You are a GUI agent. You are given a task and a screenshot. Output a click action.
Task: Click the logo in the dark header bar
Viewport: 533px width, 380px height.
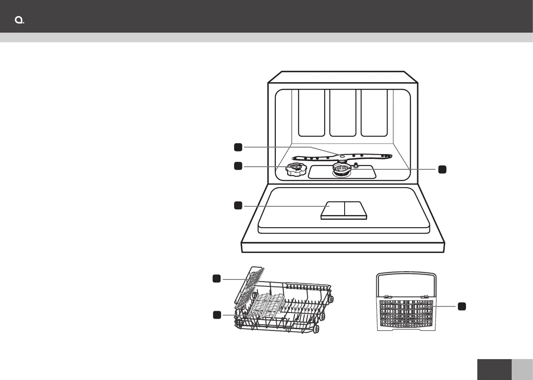click(x=19, y=21)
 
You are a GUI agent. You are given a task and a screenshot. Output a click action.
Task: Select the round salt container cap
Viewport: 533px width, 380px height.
click(x=295, y=170)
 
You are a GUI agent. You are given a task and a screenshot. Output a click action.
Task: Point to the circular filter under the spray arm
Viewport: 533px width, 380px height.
click(x=342, y=169)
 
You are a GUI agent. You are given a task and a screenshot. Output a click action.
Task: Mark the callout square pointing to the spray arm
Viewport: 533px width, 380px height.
click(x=238, y=147)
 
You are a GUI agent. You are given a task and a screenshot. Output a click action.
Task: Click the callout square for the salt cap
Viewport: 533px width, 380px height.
click(x=238, y=165)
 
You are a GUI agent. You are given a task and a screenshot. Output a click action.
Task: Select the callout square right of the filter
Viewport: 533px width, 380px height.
click(x=442, y=169)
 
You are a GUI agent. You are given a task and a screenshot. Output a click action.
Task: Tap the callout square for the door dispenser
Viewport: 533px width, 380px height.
click(x=238, y=205)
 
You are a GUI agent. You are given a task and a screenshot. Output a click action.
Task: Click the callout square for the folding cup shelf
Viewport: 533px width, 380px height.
click(x=216, y=278)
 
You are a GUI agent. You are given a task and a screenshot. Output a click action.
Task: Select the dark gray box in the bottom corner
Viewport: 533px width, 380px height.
click(x=494, y=370)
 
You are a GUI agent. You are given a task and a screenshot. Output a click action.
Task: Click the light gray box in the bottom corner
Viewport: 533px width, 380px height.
click(x=522, y=370)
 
